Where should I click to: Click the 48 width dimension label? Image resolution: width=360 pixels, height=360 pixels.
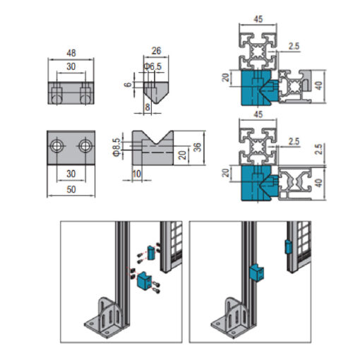click(71, 53)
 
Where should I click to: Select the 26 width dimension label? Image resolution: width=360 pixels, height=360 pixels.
click(156, 51)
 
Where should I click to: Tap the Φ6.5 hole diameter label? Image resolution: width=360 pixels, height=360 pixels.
click(153, 66)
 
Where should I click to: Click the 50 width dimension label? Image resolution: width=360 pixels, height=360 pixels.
click(71, 189)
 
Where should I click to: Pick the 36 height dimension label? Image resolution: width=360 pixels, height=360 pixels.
click(198, 148)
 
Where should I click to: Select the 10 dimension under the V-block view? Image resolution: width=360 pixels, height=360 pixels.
click(137, 174)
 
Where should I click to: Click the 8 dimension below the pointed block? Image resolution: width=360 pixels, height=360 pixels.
click(148, 107)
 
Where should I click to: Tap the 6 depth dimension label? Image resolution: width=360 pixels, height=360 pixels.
click(128, 84)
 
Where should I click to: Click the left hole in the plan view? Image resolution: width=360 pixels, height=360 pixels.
click(56, 146)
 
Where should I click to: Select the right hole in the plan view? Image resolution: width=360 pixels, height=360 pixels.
click(85, 146)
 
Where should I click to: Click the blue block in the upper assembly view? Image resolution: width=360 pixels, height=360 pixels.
click(260, 88)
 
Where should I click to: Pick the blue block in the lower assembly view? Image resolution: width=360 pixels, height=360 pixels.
click(260, 183)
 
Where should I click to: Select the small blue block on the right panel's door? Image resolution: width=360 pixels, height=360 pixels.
click(288, 247)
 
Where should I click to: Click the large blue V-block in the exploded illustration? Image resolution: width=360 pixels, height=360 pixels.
click(143, 280)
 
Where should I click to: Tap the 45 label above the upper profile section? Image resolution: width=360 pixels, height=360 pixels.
click(258, 19)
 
